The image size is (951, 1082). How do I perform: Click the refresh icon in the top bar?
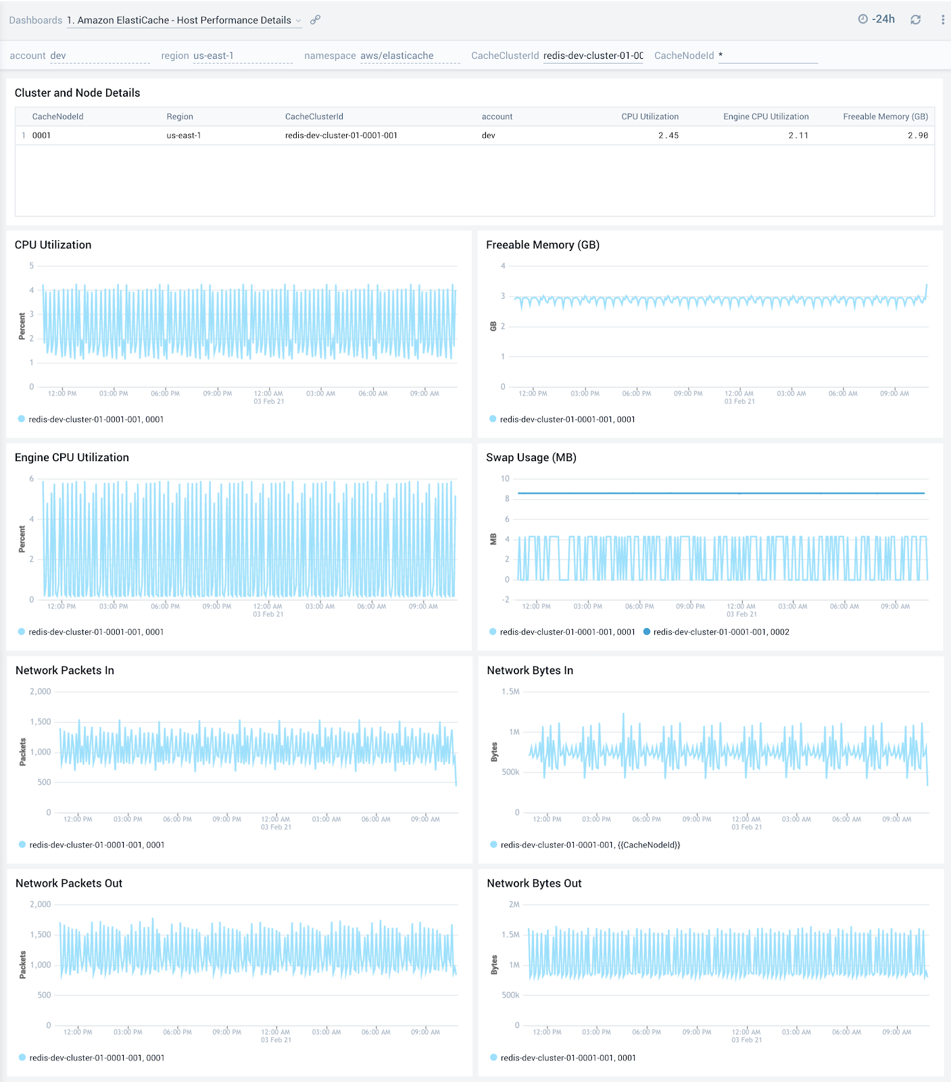point(915,20)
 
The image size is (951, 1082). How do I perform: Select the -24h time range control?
point(877,20)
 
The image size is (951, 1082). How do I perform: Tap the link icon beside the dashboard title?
point(315,20)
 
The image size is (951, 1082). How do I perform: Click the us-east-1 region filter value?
point(214,55)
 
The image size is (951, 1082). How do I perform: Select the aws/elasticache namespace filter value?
point(397,55)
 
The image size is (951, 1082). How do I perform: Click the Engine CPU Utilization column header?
point(766,116)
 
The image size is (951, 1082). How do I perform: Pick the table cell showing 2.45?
point(668,135)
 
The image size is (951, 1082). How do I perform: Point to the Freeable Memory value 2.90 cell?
point(917,135)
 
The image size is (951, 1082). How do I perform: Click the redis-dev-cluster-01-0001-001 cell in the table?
point(341,135)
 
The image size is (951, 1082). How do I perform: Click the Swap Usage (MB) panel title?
point(531,457)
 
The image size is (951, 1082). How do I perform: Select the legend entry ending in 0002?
point(721,632)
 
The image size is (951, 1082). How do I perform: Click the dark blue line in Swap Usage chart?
point(721,493)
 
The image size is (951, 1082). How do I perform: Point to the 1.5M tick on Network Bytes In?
point(510,691)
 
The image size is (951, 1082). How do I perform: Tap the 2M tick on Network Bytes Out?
point(514,904)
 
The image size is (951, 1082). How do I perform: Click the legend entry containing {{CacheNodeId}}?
point(589,845)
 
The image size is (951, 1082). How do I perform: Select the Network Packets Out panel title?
point(69,883)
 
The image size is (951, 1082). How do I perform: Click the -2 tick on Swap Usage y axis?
point(506,600)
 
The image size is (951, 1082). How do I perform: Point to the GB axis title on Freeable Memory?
point(493,326)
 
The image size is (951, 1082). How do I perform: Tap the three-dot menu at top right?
point(942,20)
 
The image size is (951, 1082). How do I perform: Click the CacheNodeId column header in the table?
point(58,116)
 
